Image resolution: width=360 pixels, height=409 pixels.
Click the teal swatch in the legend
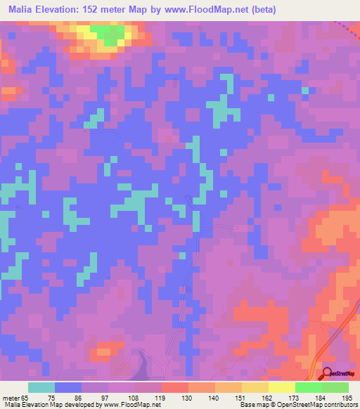[41, 387]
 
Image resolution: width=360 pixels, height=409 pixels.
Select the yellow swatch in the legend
[282, 387]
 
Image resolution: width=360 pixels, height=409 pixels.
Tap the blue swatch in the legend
[68, 387]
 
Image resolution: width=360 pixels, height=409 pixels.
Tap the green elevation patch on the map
[108, 32]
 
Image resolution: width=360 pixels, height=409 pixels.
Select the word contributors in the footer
[337, 404]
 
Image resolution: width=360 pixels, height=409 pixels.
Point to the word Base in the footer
[247, 404]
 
